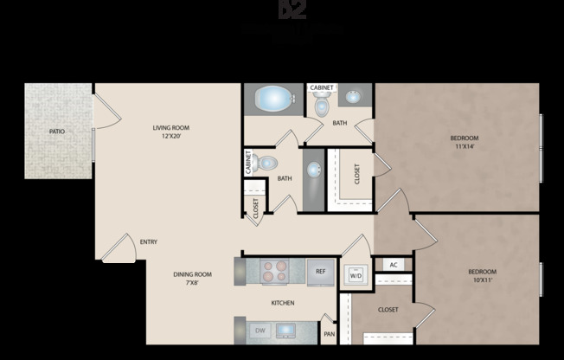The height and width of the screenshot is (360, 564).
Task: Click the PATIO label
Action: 57,132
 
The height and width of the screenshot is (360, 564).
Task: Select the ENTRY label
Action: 148,241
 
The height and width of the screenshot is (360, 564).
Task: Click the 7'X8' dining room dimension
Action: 196,283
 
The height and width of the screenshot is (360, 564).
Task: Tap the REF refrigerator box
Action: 320,272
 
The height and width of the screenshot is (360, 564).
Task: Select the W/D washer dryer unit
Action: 356,275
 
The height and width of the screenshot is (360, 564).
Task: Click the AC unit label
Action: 393,265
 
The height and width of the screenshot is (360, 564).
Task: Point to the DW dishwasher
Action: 260,331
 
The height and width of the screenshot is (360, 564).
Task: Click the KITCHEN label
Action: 283,303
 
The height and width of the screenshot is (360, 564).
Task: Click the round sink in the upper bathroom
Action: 356,97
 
